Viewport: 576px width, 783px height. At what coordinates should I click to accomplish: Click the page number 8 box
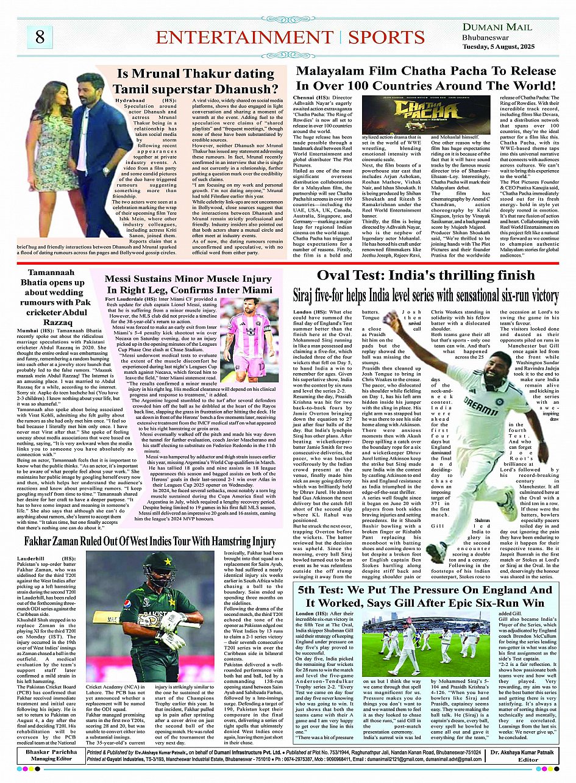[x=40, y=37]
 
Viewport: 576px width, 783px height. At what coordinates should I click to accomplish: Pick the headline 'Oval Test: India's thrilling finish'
[x=425, y=276]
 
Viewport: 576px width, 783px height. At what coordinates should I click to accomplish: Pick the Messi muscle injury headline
[x=189, y=284]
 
